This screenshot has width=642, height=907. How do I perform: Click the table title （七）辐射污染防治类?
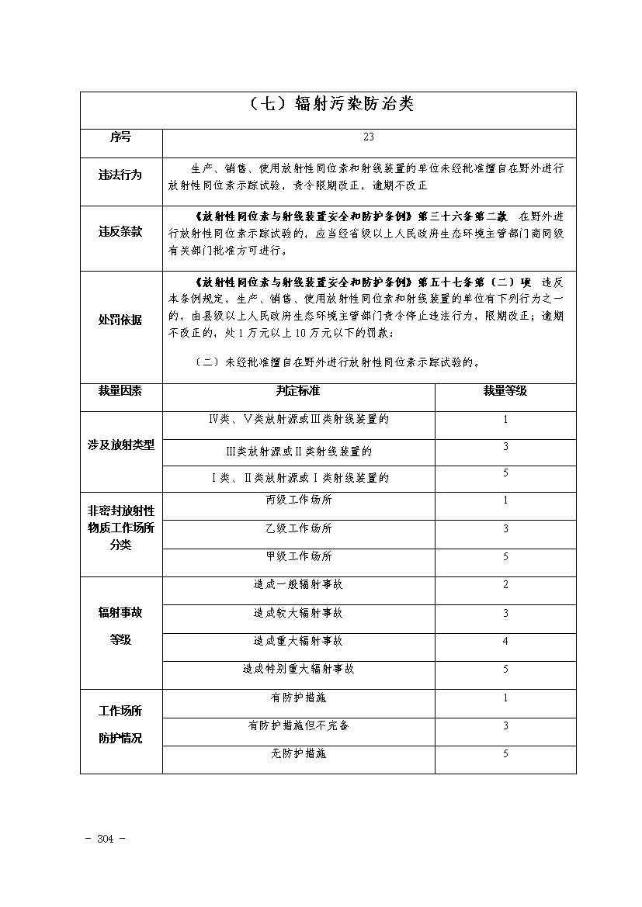328,106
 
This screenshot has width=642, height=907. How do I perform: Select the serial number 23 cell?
369,137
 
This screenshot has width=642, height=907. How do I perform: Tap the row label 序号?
120,137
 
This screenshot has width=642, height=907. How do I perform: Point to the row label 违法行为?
120,175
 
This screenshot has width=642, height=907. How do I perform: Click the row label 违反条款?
120,231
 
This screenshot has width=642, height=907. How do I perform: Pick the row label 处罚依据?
120,320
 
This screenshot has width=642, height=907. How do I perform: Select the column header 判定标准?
298,391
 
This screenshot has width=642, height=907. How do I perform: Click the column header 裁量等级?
505,391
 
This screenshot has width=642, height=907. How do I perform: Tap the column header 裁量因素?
120,391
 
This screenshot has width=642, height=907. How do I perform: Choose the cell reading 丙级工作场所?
298,500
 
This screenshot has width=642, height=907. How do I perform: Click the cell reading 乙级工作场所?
298,529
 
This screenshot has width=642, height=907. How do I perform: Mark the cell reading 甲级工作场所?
298,556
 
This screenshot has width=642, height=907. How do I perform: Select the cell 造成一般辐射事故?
298,585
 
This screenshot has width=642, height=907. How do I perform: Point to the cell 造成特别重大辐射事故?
298,669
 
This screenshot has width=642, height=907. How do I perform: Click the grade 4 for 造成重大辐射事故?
505,641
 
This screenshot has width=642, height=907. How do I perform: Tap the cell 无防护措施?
298,753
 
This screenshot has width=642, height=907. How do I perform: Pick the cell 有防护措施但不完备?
298,725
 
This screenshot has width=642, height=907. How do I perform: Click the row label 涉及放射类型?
120,445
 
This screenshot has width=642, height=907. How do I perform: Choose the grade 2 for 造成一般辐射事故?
505,585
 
